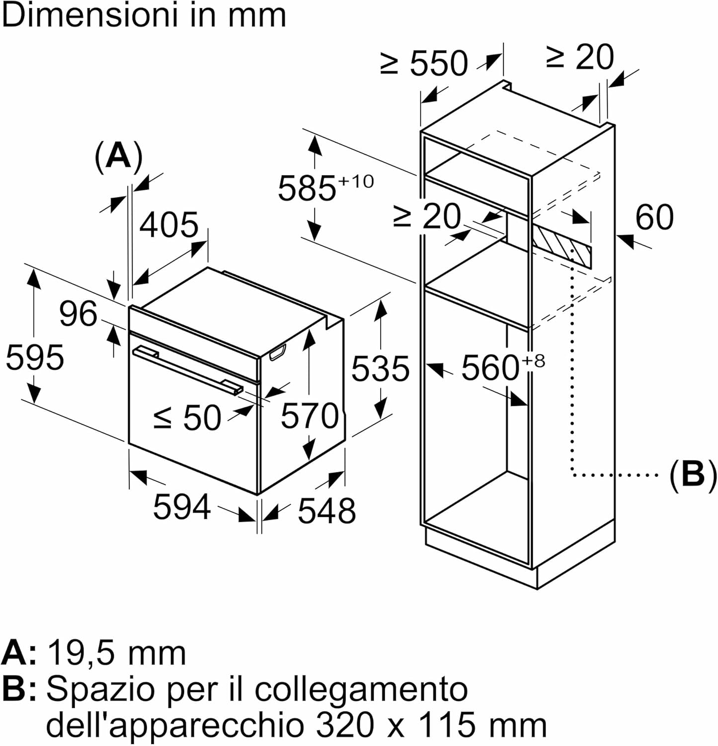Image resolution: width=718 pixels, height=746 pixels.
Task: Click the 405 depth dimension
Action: pos(169,225)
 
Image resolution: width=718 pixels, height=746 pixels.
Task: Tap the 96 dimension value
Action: pos(78,314)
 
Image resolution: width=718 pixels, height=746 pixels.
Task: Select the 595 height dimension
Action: pos(35,357)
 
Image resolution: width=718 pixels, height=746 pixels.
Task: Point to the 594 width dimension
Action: pos(182,507)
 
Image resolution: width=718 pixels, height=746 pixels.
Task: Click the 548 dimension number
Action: pos(327,510)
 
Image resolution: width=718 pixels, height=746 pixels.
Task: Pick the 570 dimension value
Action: pos(310,416)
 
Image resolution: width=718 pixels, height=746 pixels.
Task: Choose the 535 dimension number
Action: pos(381,369)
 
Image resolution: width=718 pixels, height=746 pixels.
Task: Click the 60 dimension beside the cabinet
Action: pos(655,217)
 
